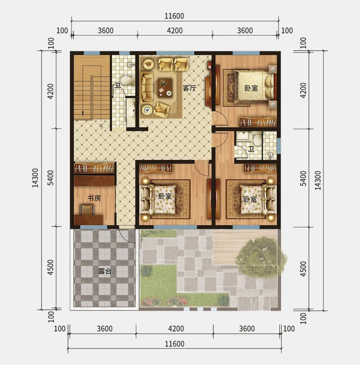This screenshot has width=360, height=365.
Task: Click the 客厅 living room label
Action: (x=189, y=88)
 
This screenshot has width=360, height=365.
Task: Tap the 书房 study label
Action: (x=94, y=198)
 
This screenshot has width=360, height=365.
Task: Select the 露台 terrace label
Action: (x=105, y=271)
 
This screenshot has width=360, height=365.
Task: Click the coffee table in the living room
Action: (x=165, y=87)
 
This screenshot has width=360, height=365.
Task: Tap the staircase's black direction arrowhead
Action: (x=83, y=113)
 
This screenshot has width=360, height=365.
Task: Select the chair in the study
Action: (x=87, y=209)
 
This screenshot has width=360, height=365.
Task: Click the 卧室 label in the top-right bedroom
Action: (x=251, y=88)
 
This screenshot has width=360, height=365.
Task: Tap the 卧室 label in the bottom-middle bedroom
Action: (x=165, y=196)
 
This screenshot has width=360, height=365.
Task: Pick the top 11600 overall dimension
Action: (x=174, y=16)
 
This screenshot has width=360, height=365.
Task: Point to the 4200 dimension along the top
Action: (x=175, y=31)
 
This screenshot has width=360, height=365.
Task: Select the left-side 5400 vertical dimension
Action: (x=50, y=178)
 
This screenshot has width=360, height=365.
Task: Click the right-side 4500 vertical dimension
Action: (x=303, y=269)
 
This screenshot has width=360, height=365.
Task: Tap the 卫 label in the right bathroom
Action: (x=251, y=149)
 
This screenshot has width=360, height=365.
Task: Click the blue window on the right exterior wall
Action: (x=279, y=146)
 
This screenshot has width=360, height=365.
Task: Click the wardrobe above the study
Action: (x=94, y=168)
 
